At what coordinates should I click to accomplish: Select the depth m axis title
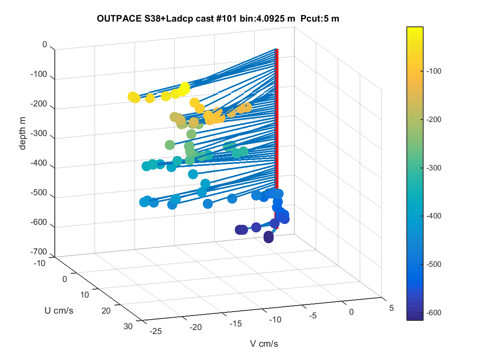(22, 133)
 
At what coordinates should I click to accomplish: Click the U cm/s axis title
(59, 311)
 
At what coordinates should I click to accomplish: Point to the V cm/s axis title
(264, 344)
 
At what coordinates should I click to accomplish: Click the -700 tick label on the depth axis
(39, 252)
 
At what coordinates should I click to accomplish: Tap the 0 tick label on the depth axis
(45, 44)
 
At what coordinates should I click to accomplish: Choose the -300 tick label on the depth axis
(39, 133)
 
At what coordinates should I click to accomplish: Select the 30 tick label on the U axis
(128, 326)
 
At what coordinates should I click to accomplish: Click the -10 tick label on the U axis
(39, 263)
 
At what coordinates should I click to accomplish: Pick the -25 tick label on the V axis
(156, 331)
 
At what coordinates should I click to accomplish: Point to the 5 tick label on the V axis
(392, 308)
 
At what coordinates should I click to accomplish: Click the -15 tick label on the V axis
(236, 324)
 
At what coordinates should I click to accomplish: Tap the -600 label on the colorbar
(434, 312)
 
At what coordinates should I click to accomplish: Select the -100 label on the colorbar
(434, 71)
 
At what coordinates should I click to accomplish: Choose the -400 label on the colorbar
(434, 216)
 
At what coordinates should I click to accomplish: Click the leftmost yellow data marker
(132, 97)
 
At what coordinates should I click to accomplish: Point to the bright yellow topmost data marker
(185, 87)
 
